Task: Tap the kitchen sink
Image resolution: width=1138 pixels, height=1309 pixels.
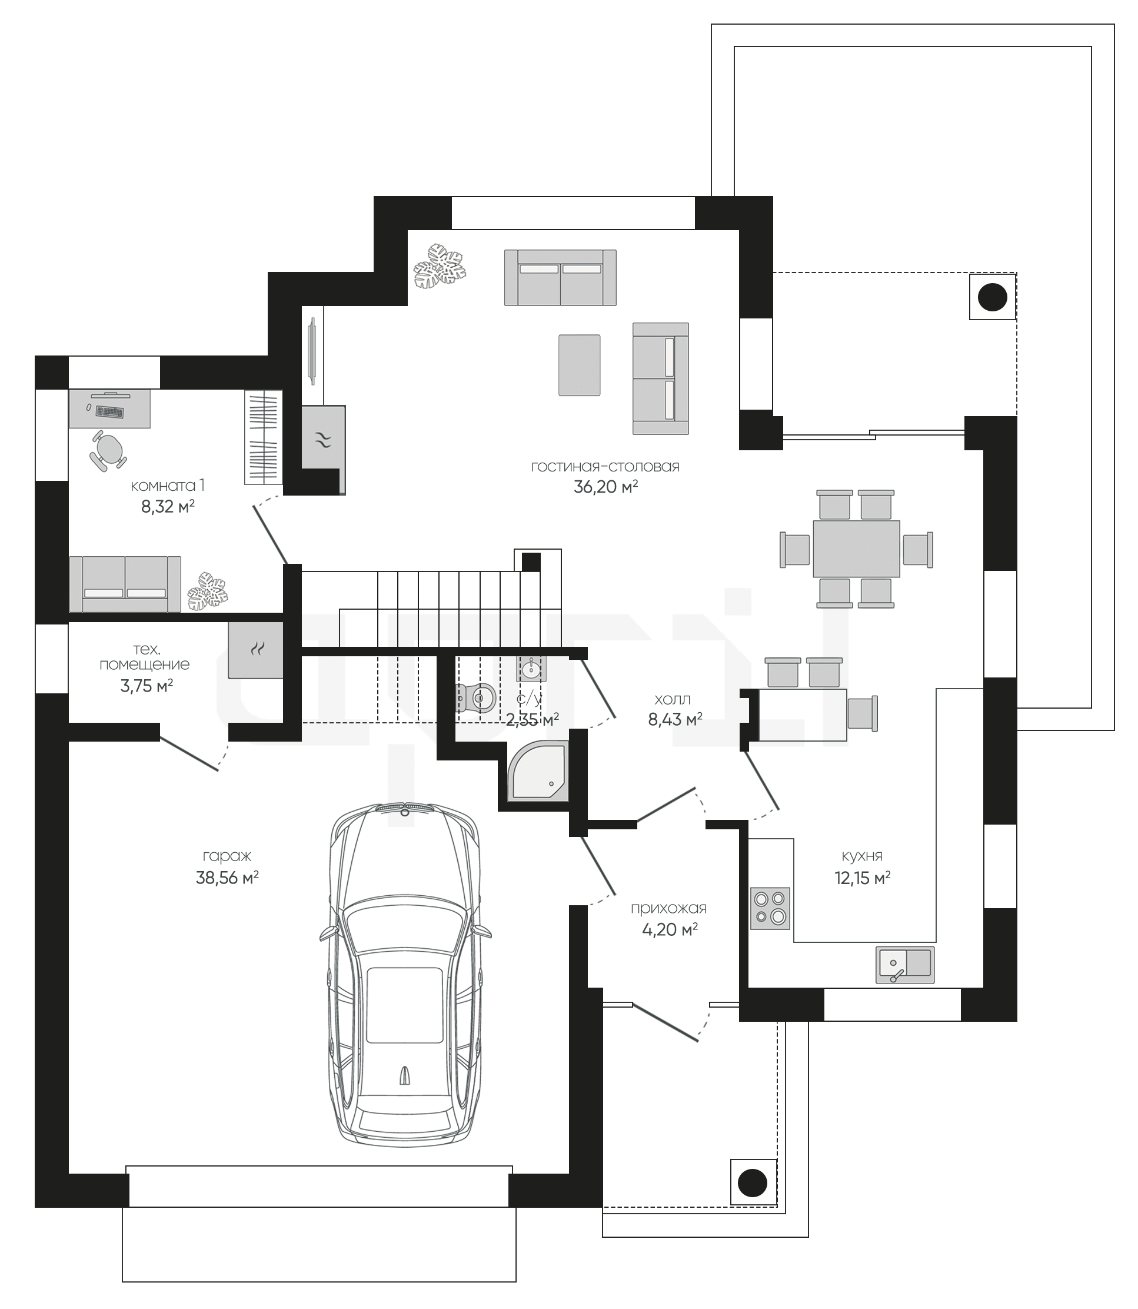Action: (x=905, y=965)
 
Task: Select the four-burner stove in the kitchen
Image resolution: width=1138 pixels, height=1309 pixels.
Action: (x=770, y=908)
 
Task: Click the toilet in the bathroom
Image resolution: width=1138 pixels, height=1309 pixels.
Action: (x=475, y=698)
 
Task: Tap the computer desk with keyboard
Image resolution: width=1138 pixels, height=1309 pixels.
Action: (x=109, y=408)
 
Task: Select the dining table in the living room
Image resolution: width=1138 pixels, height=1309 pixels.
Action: (x=856, y=549)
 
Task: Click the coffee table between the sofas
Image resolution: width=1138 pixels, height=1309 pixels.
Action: (x=579, y=365)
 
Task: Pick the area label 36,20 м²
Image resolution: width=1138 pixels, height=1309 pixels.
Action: (x=605, y=487)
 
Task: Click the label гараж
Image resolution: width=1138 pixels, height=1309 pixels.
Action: (x=227, y=857)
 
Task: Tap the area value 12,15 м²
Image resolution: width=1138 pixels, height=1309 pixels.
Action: (x=862, y=878)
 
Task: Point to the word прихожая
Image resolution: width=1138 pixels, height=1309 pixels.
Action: (x=668, y=908)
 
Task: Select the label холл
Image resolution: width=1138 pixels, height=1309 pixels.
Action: (x=672, y=699)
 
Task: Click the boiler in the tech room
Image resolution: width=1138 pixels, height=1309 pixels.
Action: (x=256, y=650)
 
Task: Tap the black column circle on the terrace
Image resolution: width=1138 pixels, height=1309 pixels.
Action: (x=992, y=297)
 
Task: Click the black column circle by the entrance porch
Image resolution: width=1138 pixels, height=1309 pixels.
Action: (x=753, y=1182)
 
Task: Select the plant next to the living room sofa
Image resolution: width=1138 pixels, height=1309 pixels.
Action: (x=440, y=265)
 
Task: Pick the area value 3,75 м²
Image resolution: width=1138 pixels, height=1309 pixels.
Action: (x=147, y=686)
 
